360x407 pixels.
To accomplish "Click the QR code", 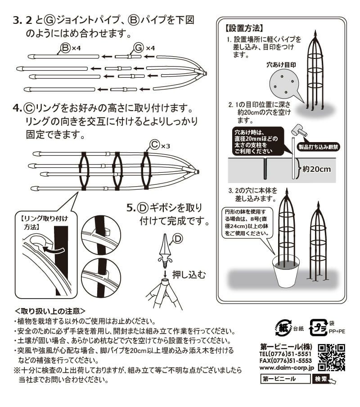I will click(331, 356).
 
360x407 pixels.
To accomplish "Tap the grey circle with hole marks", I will click(283, 85).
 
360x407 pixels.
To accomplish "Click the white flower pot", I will click(286, 275).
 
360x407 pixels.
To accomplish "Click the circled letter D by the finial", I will click(178, 239).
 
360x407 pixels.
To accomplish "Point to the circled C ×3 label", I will click(159, 145).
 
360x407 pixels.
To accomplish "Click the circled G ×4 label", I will click(144, 47).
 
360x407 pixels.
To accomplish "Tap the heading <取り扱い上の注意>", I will click(50, 311).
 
